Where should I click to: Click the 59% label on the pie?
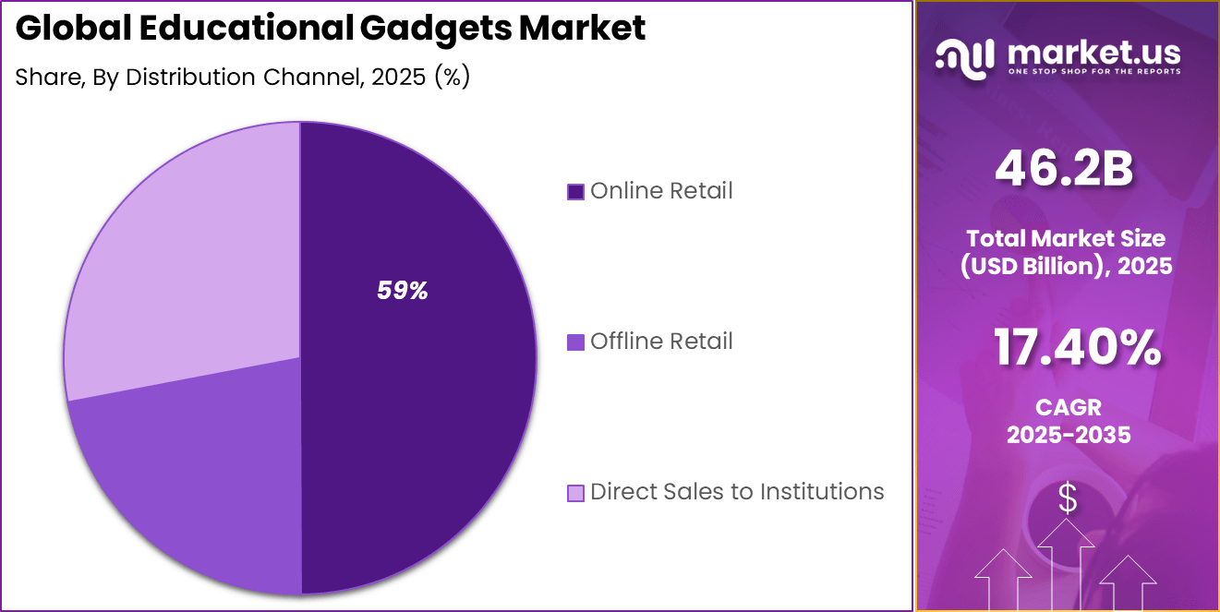(x=402, y=291)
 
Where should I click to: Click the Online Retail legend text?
(x=661, y=191)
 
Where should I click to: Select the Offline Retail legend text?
(x=661, y=342)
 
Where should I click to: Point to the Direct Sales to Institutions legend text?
(x=737, y=492)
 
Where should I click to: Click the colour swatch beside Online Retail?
(x=575, y=192)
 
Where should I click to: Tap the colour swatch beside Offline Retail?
(x=575, y=342)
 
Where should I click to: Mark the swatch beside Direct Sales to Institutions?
(x=575, y=493)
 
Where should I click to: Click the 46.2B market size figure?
(x=1064, y=170)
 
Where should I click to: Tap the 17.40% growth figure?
(x=1077, y=348)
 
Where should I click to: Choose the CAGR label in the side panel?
(x=1069, y=407)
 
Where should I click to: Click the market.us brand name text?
(x=1093, y=51)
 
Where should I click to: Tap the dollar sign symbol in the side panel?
(x=1068, y=498)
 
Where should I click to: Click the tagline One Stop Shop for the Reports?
(x=1093, y=72)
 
